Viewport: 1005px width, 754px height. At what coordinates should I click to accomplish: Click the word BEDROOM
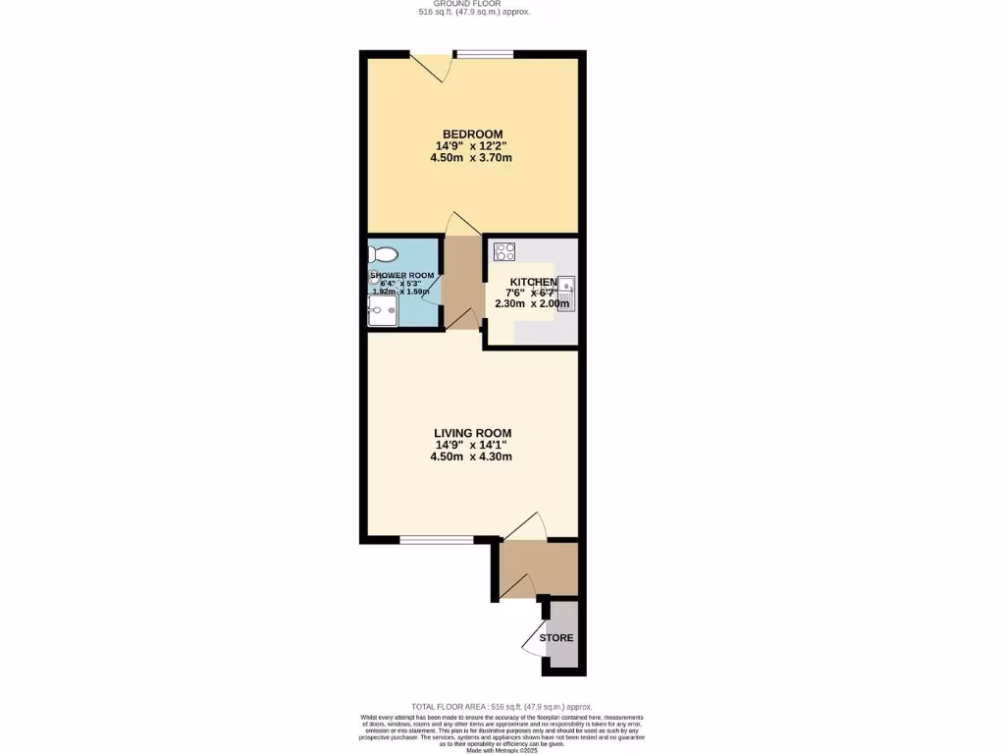[472, 135]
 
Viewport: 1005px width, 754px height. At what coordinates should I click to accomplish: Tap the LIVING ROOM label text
[472, 433]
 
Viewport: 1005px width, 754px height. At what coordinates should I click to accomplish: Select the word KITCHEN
[533, 282]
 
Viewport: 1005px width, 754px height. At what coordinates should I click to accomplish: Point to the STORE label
[555, 638]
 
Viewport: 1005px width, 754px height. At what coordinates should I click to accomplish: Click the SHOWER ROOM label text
[401, 276]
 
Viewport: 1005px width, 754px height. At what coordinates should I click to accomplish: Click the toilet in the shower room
[380, 253]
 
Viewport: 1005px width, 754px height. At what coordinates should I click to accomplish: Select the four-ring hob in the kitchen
[504, 251]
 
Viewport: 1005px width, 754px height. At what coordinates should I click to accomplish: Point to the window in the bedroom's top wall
[485, 54]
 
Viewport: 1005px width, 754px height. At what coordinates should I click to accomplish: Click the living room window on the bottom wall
[437, 539]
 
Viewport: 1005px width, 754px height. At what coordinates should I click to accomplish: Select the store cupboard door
[534, 640]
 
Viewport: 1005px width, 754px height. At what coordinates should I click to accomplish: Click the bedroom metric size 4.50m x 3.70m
[472, 157]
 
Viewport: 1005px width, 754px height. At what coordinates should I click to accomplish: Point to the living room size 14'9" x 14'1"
[472, 445]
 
